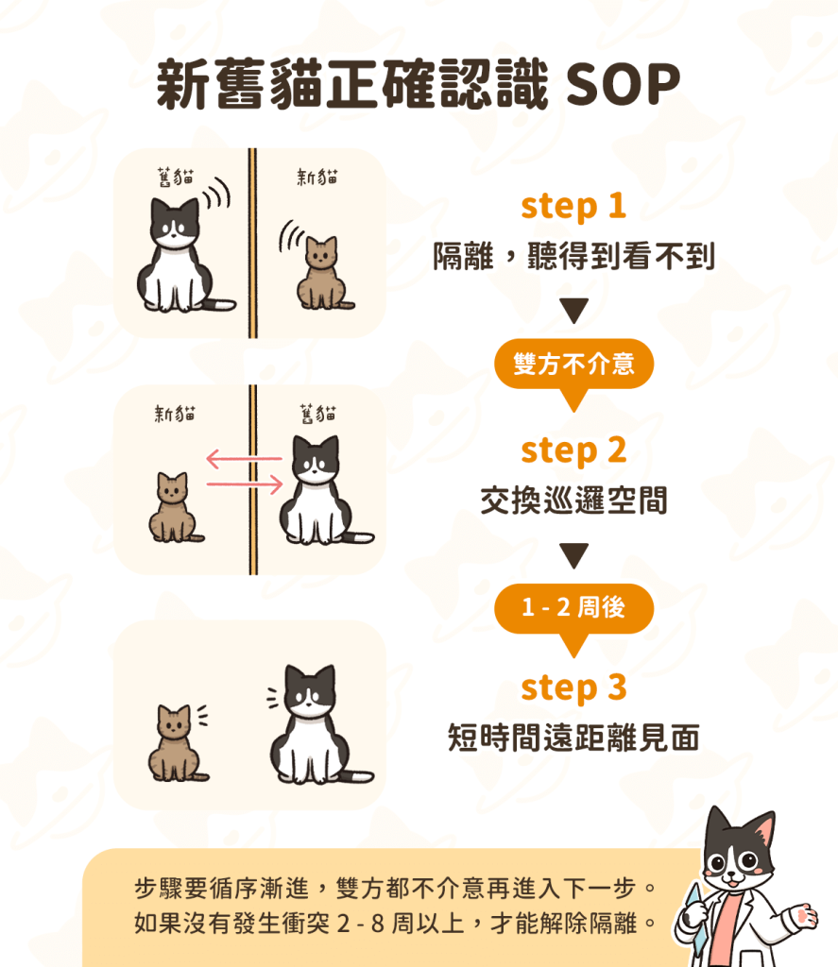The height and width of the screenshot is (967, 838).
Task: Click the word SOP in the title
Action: tap(622, 84)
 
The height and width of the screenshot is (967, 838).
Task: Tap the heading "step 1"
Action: tap(573, 206)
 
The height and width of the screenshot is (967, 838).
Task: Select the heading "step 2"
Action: tap(573, 450)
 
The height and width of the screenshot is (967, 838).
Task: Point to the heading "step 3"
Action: tap(573, 687)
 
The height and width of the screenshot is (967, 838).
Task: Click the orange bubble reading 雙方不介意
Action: tap(573, 365)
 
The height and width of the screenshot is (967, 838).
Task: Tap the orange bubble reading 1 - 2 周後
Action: tap(573, 609)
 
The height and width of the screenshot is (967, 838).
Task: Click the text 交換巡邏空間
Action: tap(573, 500)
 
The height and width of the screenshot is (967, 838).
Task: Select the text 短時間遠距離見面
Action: tap(573, 738)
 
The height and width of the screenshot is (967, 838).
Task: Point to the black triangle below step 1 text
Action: tap(573, 310)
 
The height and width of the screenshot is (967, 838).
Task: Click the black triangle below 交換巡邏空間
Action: tap(573, 555)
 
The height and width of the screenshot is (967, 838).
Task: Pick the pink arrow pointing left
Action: tap(244, 459)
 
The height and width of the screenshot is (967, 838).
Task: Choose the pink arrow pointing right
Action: tap(245, 484)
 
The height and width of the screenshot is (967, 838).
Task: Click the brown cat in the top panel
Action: tap(323, 273)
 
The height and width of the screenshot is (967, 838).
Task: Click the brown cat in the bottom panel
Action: tap(176, 744)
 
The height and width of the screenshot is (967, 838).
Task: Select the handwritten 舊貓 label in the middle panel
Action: tap(317, 414)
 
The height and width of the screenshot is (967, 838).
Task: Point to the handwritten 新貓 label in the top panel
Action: tap(317, 177)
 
